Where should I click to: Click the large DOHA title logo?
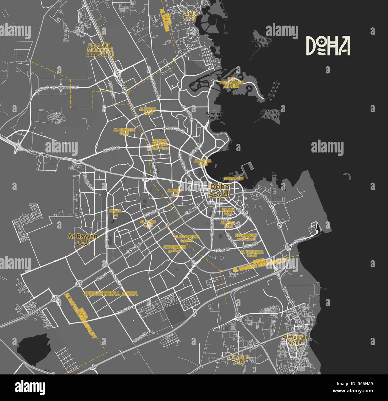tap(328, 46)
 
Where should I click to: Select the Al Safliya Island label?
tap(271, 114)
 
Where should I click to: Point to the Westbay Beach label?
tap(214, 116)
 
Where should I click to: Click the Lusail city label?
tap(190, 16)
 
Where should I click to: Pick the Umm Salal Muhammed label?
tap(100, 50)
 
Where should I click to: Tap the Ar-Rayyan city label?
tap(83, 239)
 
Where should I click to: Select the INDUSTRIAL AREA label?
tap(111, 293)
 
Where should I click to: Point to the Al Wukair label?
tap(239, 359)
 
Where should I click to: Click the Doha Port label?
tap(234, 178)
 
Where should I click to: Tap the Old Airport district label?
tap(246, 237)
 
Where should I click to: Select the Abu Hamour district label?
tap(175, 249)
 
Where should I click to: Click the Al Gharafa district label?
tap(124, 131)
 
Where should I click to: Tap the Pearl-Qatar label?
tap(231, 84)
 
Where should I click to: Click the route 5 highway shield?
tap(26, 316)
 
